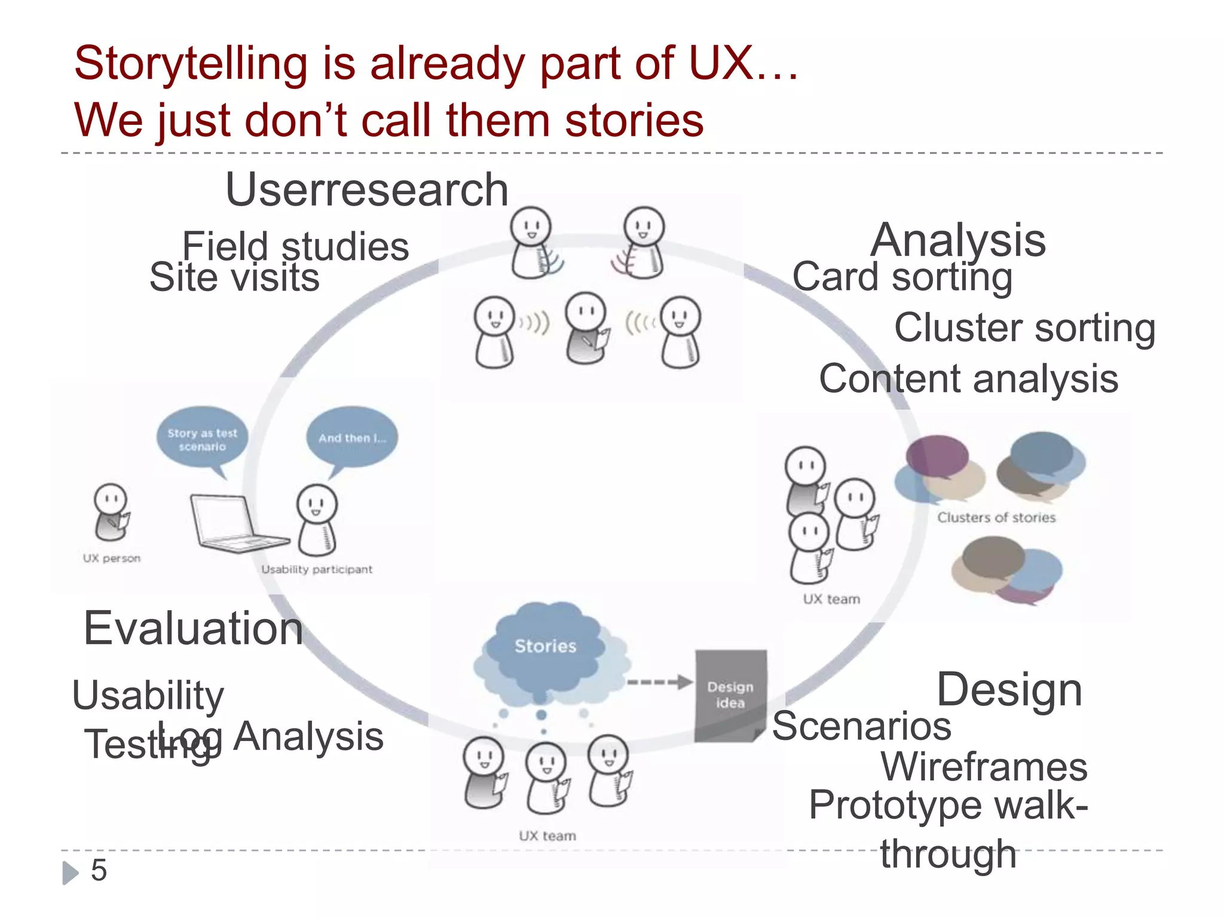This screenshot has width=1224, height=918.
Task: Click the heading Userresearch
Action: (366, 190)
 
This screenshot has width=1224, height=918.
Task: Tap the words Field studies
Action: (295, 246)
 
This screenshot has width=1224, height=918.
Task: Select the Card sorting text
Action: (902, 277)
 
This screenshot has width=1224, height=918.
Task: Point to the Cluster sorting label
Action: (1024, 328)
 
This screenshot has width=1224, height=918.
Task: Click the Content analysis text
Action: (968, 379)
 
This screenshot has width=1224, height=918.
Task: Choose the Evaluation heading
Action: (193, 629)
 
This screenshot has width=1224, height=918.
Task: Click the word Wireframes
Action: (984, 767)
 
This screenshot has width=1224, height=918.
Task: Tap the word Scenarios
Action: (861, 727)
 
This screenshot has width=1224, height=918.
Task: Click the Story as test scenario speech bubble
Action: (202, 439)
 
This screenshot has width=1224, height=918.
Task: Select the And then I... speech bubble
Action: (352, 437)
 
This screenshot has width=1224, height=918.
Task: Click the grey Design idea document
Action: (730, 695)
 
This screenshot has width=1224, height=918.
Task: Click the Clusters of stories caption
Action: (996, 518)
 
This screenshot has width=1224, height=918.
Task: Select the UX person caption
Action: (112, 558)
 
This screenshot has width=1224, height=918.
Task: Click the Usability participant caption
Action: (317, 570)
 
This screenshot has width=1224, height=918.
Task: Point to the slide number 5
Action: (99, 870)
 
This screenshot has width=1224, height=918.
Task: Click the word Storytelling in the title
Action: (191, 63)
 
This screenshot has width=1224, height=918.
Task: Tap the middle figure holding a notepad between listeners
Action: (587, 329)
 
